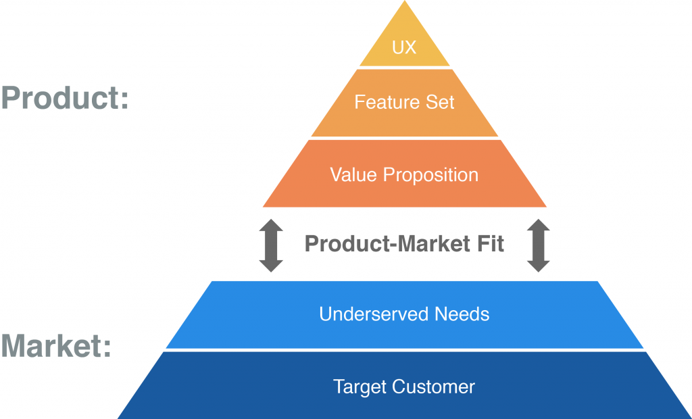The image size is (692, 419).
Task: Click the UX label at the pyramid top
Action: [x=404, y=49]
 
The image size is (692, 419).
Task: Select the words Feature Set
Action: [x=404, y=102]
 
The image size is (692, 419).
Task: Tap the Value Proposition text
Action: [x=404, y=175]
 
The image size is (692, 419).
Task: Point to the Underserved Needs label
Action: [x=404, y=314]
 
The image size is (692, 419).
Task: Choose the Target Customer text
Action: [x=404, y=387]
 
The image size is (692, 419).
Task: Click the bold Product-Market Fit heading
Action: [x=404, y=243]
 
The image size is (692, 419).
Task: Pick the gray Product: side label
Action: [x=65, y=99]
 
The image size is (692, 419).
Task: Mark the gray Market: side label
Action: [x=56, y=347]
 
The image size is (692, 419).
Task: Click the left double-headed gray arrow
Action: [x=271, y=245]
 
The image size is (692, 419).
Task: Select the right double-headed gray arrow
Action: [x=538, y=245]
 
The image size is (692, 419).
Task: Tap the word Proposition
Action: [x=431, y=176]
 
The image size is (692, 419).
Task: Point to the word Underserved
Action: [x=374, y=314]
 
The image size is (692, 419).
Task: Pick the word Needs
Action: [x=462, y=314]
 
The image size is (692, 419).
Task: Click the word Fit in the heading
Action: [x=490, y=243]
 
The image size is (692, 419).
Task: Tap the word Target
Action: [x=357, y=387]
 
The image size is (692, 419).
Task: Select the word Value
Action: [x=354, y=175]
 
